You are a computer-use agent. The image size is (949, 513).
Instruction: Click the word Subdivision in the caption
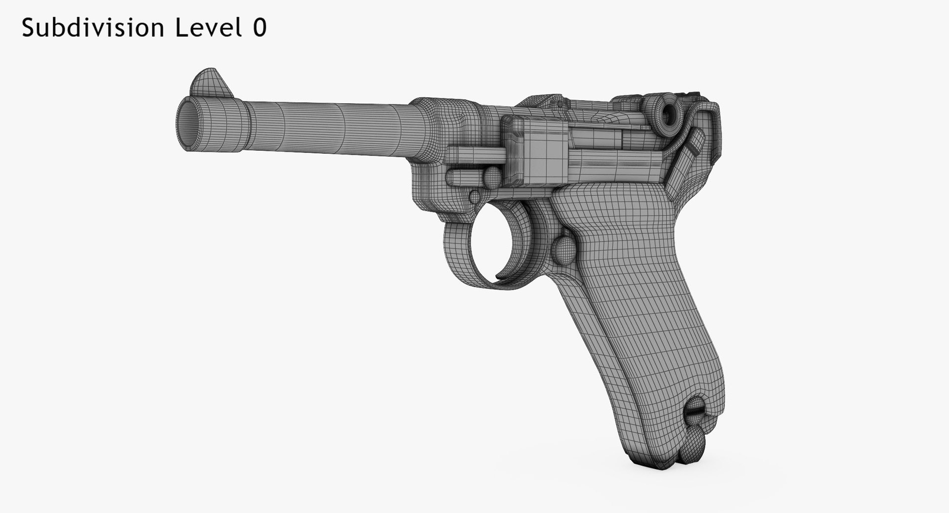tap(93, 28)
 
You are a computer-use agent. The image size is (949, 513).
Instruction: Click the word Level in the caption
tap(207, 28)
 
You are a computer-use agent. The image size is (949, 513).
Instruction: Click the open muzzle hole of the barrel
tap(188, 125)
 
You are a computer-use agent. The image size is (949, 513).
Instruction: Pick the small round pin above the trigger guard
tap(475, 197)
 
